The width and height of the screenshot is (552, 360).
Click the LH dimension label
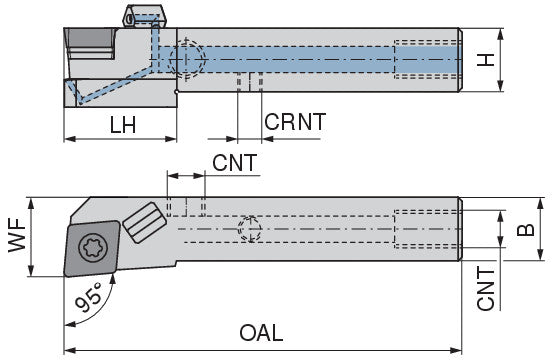[x=123, y=125]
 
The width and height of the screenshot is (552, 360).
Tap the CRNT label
[x=295, y=122]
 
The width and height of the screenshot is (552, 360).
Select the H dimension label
[x=486, y=60]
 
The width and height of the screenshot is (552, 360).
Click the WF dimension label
[x=18, y=235]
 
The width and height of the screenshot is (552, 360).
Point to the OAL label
[x=261, y=333]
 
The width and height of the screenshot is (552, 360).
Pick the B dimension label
[x=525, y=230]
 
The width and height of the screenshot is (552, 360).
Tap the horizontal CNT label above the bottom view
[x=234, y=163]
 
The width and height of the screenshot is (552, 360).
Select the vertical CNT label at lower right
[x=486, y=288]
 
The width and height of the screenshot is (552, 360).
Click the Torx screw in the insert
[x=93, y=248]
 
